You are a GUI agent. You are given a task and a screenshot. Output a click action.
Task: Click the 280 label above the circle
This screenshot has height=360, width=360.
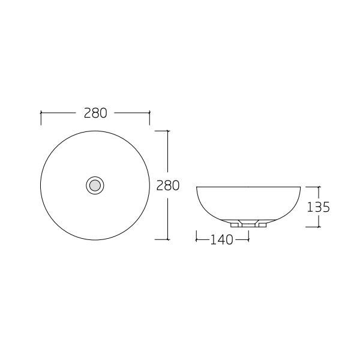point(95,113)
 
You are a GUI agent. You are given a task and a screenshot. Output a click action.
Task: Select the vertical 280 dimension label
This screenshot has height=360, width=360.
point(168,185)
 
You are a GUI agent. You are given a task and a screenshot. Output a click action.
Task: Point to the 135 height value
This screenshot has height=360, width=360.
point(319,207)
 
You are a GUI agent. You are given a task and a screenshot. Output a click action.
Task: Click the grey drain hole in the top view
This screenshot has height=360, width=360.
point(95,185)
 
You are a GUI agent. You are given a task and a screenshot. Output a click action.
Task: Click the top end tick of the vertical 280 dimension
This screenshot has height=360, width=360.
point(167,130)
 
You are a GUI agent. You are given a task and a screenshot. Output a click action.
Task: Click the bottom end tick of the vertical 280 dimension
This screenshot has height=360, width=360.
point(167,239)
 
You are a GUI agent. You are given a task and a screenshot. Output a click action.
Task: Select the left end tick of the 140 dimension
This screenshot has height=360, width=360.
point(197,239)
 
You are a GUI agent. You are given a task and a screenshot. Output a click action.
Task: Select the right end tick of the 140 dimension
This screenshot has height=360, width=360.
point(248,239)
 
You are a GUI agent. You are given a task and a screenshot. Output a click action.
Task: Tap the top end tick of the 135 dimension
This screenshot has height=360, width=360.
point(319,187)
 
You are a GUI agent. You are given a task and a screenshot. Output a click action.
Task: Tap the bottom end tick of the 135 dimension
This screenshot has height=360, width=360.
point(319,227)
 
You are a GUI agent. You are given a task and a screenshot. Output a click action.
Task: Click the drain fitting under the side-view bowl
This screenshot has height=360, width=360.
point(248,223)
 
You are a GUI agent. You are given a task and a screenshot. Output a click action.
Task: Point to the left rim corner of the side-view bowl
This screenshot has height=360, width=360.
point(197,187)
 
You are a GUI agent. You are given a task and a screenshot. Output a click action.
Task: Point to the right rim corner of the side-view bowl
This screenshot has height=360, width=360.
point(299,187)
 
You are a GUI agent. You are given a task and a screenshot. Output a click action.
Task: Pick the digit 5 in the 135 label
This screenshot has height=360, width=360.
point(326,207)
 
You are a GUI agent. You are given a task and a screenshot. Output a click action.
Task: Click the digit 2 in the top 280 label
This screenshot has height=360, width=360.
point(88,113)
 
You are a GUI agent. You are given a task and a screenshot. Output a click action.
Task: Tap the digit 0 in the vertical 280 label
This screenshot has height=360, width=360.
point(175,185)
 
